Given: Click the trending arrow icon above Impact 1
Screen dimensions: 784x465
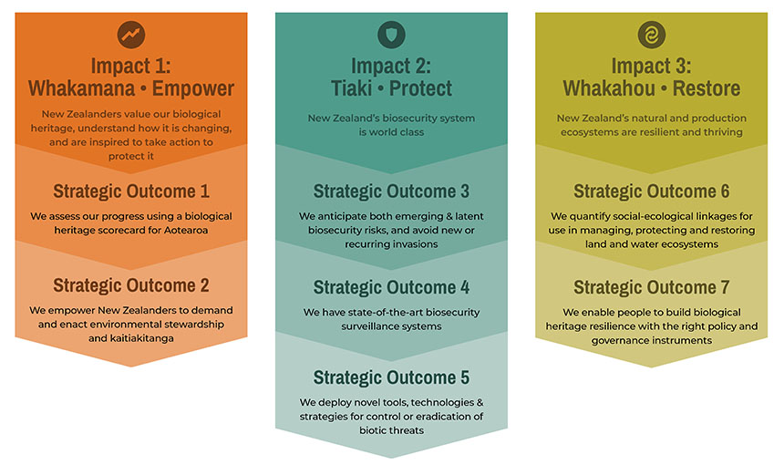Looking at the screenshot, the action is (x=131, y=35).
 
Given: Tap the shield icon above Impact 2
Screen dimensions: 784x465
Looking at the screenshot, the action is (x=391, y=35).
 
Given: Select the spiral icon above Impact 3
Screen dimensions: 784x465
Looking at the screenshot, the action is (x=652, y=35).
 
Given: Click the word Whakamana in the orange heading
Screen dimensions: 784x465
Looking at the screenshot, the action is (x=81, y=88).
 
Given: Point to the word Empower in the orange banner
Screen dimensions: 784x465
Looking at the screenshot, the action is (x=193, y=88).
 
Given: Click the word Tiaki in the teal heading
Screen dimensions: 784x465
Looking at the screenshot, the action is (x=352, y=88).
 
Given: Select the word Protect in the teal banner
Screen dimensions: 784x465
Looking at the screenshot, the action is (x=420, y=88).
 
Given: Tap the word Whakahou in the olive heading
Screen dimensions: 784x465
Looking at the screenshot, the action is (x=609, y=88).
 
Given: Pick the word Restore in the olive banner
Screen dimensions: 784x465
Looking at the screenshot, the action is (x=707, y=88).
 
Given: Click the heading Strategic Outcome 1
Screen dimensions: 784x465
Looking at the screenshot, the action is (x=131, y=191).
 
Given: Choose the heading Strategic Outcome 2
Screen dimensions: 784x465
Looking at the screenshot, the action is (x=131, y=285).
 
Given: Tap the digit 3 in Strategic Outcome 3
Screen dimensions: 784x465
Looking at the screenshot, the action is (x=465, y=191).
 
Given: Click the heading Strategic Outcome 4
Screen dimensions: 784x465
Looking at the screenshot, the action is (x=391, y=287).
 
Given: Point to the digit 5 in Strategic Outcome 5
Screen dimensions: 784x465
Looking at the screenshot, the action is (x=465, y=377).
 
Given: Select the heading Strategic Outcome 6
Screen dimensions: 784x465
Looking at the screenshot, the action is (x=652, y=191).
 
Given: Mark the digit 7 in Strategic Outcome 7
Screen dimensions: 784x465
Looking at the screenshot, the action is (x=725, y=287).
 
